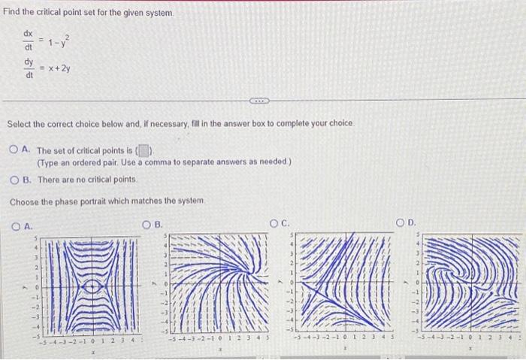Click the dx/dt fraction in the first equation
[29, 41]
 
